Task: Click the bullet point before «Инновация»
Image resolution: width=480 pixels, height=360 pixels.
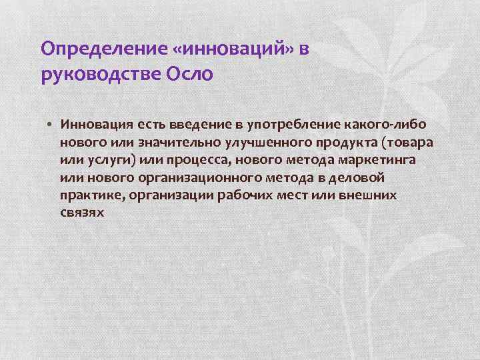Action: tap(51, 124)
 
